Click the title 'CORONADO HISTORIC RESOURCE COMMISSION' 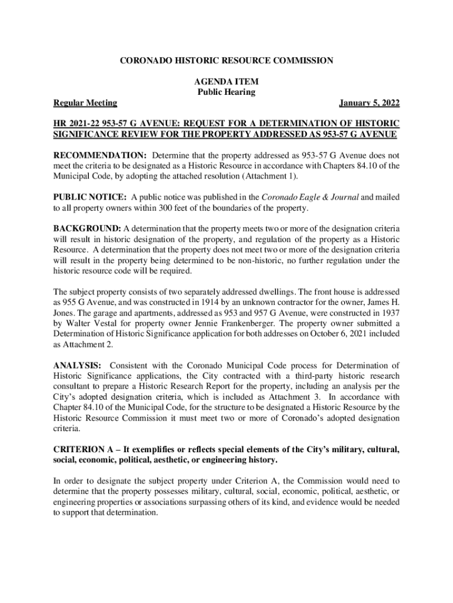tap(226, 61)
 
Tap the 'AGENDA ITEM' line tap(226, 82)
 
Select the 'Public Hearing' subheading tap(226, 92)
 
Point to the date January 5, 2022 tap(369, 103)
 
